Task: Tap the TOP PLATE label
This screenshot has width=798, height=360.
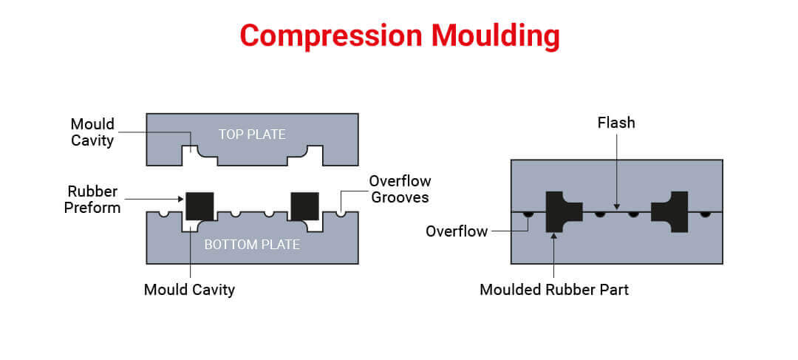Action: pyautogui.click(x=252, y=134)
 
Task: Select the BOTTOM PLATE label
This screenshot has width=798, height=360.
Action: pyautogui.click(x=252, y=244)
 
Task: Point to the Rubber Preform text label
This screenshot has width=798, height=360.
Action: pyautogui.click(x=92, y=200)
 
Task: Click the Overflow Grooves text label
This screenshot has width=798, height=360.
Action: pyautogui.click(x=400, y=189)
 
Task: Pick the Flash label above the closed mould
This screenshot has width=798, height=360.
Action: pyautogui.click(x=616, y=123)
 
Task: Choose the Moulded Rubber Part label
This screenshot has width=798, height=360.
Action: pyautogui.click(x=554, y=290)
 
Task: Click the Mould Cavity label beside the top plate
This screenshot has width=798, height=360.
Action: pyautogui.click(x=92, y=132)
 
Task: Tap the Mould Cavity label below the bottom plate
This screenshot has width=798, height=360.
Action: pyautogui.click(x=189, y=290)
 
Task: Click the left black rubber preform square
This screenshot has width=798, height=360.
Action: pyautogui.click(x=199, y=206)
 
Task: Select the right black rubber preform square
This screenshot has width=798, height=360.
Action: pyautogui.click(x=304, y=206)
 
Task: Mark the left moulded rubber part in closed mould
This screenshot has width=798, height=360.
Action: pyautogui.click(x=559, y=211)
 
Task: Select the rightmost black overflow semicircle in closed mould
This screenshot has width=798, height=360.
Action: pyautogui.click(x=706, y=214)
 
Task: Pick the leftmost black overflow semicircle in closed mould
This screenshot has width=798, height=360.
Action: pyautogui.click(x=528, y=214)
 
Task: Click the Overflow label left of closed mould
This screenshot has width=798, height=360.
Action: pyautogui.click(x=457, y=231)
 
